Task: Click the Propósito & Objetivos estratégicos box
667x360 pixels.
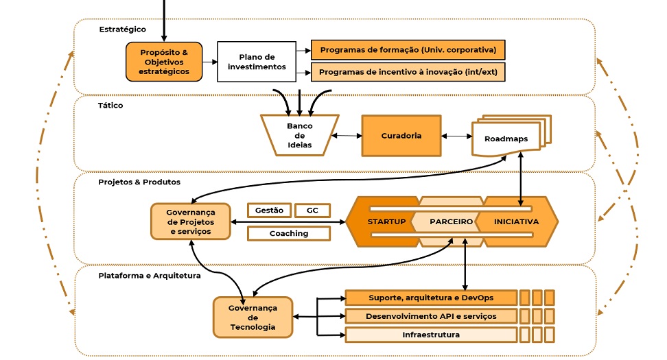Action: point(164,62)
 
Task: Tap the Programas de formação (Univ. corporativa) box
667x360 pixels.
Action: point(408,50)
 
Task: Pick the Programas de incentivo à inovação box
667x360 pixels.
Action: point(408,71)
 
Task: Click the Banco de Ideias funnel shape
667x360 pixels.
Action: point(299,135)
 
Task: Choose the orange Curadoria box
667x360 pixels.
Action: point(401,136)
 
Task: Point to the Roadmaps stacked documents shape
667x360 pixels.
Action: point(507,137)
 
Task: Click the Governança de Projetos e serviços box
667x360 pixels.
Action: point(191,221)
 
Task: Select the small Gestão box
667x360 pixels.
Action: point(269,211)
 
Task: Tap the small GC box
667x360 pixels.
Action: point(312,211)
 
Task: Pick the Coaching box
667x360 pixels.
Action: point(289,233)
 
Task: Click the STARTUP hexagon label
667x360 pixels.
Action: point(386,221)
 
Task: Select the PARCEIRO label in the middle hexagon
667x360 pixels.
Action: point(451,221)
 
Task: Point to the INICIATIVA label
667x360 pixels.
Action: point(516,221)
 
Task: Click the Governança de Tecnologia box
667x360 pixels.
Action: point(253,317)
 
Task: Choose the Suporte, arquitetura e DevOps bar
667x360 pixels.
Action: point(430,298)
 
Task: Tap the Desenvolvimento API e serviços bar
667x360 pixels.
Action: point(430,316)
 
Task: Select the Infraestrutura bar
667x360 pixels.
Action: point(430,335)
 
